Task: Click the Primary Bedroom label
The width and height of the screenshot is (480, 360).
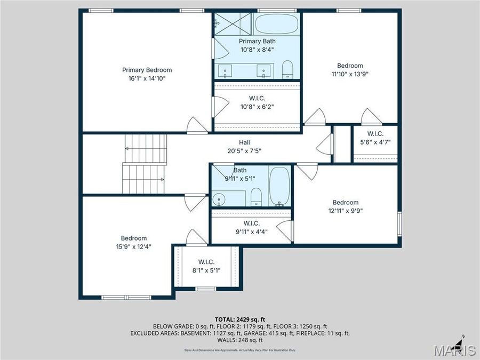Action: pyautogui.click(x=147, y=70)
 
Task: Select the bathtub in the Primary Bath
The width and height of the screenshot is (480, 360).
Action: pyautogui.click(x=276, y=24)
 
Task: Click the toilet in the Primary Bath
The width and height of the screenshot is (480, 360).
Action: pyautogui.click(x=288, y=70)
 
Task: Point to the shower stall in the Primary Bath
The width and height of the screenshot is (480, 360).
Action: pyautogui.click(x=233, y=24)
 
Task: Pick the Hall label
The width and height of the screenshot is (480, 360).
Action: pyautogui.click(x=244, y=142)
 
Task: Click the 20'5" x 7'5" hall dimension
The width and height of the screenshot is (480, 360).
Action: pyautogui.click(x=244, y=151)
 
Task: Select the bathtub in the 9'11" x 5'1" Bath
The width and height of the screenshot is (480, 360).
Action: pyautogui.click(x=279, y=186)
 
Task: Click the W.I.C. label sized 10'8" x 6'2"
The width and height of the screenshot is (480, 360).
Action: pyautogui.click(x=257, y=98)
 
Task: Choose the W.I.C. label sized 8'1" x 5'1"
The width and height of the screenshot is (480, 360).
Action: pyautogui.click(x=206, y=262)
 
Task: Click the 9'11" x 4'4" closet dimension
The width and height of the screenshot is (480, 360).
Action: pyautogui.click(x=251, y=231)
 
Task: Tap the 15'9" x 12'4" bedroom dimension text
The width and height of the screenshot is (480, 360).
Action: pyautogui.click(x=133, y=246)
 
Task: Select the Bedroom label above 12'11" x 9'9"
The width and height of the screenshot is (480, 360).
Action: pyautogui.click(x=346, y=202)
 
